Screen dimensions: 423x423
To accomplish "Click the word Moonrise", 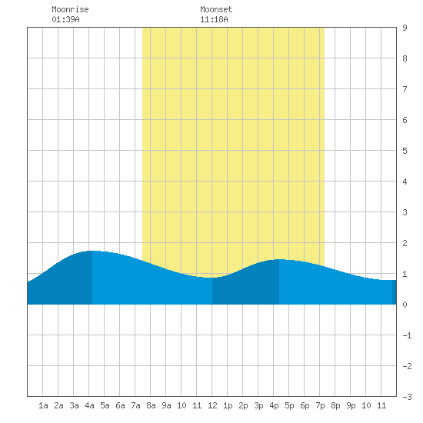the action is click(70, 9).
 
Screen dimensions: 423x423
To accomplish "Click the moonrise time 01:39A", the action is click(65, 19).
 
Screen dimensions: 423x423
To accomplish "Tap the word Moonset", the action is click(216, 9).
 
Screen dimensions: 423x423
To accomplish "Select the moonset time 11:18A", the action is click(214, 19).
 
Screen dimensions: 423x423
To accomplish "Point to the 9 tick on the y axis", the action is click(405, 28).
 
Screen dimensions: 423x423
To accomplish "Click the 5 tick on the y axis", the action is click(405, 151).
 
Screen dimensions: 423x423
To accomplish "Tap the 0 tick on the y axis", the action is click(405, 305).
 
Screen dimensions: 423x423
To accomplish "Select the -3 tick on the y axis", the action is click(407, 397).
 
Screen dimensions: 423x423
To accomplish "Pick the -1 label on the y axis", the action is click(407, 335).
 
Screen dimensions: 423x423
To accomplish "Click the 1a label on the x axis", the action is click(43, 405).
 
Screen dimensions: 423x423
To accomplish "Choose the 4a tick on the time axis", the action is click(89, 405).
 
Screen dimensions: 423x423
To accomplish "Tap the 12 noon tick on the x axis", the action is click(212, 405).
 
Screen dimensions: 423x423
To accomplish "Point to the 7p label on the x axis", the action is click(320, 405).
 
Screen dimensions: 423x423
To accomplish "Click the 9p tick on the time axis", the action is click(351, 405).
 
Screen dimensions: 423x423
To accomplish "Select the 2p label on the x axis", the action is click(243, 405).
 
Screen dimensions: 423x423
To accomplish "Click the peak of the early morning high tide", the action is click(92, 251).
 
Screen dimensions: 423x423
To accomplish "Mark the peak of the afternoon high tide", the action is click(279, 259).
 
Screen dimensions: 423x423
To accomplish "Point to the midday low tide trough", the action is click(212, 278).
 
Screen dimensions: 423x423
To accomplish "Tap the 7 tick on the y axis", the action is click(405, 89).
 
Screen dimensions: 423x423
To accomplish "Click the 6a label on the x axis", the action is click(120, 405).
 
